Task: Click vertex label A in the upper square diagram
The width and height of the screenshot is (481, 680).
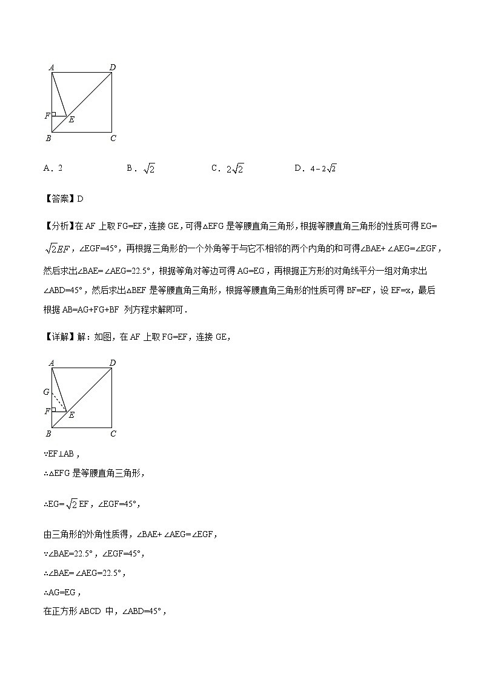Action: point(51,67)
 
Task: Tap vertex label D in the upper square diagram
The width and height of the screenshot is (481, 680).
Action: point(112,67)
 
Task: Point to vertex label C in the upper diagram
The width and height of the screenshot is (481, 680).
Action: point(113,138)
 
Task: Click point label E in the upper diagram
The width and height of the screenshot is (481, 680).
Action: point(71,120)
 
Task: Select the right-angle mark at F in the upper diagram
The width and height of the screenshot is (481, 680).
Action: point(54,113)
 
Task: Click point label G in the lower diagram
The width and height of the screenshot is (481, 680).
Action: point(46,392)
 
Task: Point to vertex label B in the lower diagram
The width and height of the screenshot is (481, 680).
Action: point(48,434)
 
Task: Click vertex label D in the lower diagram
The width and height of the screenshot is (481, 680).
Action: point(113,363)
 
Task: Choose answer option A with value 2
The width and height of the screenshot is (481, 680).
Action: point(53,169)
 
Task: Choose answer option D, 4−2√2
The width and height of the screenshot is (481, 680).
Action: point(315,169)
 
